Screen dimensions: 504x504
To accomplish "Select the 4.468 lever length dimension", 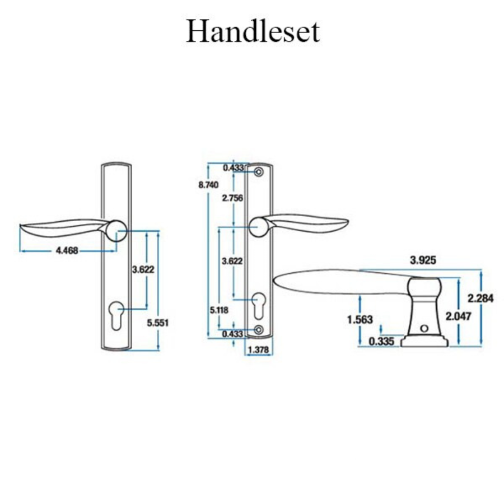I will [x=67, y=251].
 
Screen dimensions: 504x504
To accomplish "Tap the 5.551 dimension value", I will [x=157, y=323].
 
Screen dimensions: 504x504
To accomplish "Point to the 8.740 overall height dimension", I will [x=208, y=185].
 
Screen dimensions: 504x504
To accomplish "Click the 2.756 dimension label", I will [x=232, y=198].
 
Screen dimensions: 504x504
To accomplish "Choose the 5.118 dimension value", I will [x=219, y=309].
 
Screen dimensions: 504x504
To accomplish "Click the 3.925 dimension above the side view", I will [x=423, y=260].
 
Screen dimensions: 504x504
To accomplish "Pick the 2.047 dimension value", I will [x=458, y=316].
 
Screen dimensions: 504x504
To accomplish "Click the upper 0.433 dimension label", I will [x=233, y=167].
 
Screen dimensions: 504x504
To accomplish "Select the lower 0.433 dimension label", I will [x=233, y=334].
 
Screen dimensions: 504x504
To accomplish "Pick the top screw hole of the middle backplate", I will [x=259, y=172].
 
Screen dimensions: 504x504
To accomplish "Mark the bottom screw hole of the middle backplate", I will [x=259, y=330].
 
